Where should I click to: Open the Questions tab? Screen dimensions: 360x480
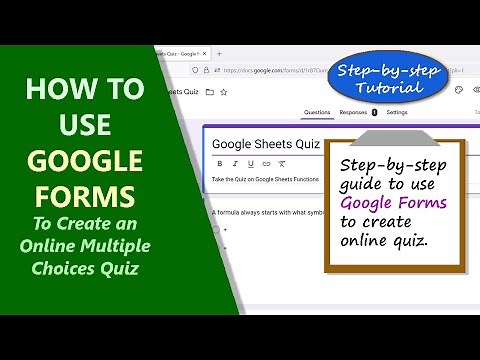point(316,113)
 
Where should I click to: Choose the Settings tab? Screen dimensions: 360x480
point(397,113)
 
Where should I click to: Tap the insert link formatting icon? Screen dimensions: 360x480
point(267,163)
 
